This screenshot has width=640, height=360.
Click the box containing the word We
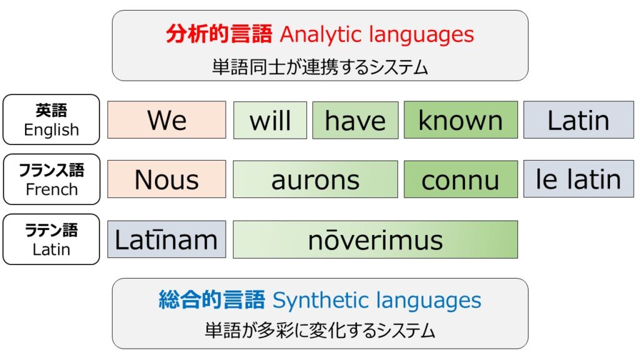166,120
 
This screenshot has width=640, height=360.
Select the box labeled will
270,120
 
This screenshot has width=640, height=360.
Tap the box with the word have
356,120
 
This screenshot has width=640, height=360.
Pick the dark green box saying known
461,120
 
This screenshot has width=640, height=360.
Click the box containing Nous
166,179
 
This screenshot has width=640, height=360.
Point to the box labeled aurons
316,179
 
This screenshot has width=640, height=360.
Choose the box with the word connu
461,179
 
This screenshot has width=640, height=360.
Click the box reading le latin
579,179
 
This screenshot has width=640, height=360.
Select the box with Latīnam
166,239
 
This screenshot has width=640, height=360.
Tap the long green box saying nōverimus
376,239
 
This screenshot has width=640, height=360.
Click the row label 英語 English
51,119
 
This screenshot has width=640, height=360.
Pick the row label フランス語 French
51,179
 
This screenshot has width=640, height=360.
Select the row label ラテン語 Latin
51,239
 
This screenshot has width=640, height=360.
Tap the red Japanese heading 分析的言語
219,34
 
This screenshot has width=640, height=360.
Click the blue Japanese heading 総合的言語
212,299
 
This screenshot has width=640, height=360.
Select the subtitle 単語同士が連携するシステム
320,67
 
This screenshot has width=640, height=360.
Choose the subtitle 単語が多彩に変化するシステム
320,330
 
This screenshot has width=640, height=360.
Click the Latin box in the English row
579,120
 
